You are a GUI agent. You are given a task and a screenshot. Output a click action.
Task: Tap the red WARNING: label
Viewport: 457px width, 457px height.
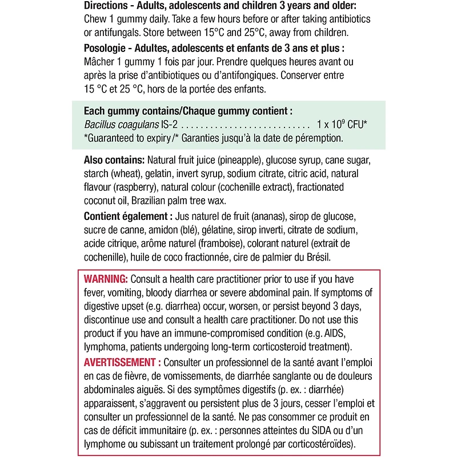[x=106, y=279]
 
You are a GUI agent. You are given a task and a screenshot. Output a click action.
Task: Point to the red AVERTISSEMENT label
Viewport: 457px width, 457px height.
[x=119, y=363]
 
